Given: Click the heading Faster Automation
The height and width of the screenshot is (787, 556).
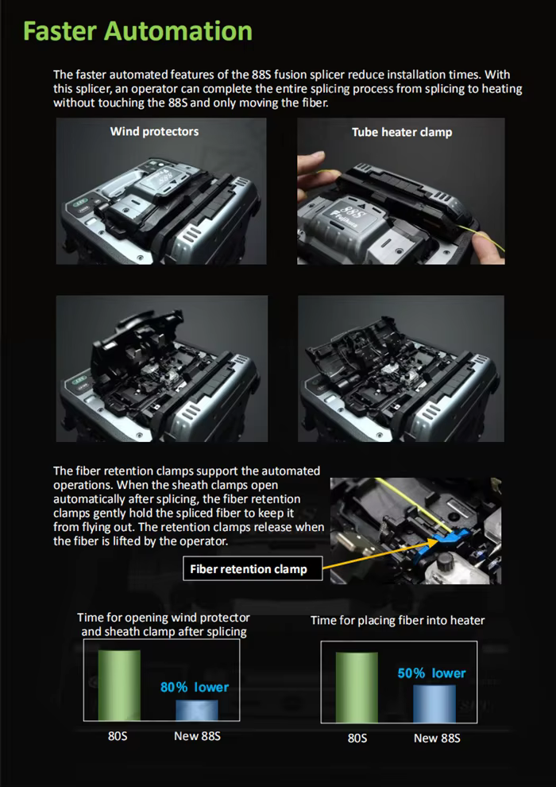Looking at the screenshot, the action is coord(138,31).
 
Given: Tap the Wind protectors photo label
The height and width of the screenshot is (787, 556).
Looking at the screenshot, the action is coord(154,131).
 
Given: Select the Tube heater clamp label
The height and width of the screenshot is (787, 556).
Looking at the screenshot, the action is coord(402,133).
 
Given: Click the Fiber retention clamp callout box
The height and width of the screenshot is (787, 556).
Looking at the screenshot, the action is coord(253,568).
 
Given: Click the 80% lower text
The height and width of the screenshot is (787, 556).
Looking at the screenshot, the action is coord(195,687).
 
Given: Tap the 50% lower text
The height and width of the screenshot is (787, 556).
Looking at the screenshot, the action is coord(431,673).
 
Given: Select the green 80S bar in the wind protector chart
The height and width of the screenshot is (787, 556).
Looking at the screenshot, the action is coord(119,685).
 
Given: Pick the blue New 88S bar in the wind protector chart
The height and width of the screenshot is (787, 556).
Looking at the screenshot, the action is coord(197,710).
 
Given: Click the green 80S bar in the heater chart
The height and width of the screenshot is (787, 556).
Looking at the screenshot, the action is coord(357,688).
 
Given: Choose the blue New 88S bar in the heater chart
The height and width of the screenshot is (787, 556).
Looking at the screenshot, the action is coord(434,704).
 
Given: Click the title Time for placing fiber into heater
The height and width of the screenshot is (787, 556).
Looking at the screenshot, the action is coord(398,620).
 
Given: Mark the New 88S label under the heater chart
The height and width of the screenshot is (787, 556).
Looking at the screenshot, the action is coord(437,739).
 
